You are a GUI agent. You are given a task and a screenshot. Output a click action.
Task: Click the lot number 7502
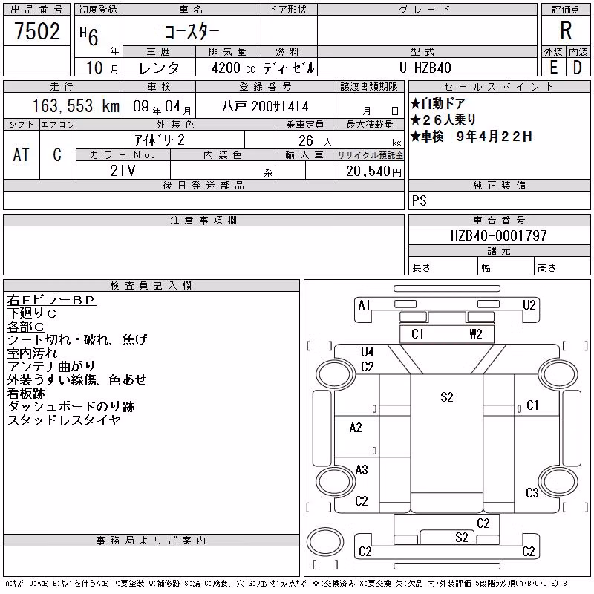click(x=37, y=31)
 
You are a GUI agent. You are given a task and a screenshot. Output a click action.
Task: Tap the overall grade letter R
click(x=566, y=30)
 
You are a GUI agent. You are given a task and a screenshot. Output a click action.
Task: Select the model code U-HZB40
click(x=425, y=68)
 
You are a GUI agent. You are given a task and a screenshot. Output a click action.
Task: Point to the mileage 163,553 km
click(x=76, y=105)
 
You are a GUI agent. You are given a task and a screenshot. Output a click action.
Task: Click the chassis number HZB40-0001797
click(x=498, y=235)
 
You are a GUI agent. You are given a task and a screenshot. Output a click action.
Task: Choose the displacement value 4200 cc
click(x=233, y=68)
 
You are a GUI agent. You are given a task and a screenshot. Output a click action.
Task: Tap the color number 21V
click(x=123, y=171)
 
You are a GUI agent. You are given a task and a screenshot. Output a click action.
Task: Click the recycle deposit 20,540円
click(x=373, y=172)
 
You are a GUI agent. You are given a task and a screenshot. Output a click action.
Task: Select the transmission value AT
click(x=21, y=154)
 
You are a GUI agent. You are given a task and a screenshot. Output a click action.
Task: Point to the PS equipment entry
click(x=420, y=200)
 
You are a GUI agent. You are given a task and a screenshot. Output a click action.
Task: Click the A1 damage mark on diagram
click(x=364, y=305)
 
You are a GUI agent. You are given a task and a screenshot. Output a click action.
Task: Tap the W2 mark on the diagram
click(x=476, y=333)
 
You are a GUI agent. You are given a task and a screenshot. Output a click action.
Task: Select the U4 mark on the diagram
click(x=367, y=352)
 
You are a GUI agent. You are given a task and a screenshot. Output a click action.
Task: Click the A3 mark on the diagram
click(x=362, y=470)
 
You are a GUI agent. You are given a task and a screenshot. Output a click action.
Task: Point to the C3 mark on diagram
click(x=532, y=493)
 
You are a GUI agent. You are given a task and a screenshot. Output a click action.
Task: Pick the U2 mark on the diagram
click(x=529, y=305)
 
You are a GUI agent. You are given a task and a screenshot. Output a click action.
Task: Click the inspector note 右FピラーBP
click(x=50, y=300)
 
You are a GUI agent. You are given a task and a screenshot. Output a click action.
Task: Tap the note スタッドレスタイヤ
click(x=64, y=420)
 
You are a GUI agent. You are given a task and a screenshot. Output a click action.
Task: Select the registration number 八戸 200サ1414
click(x=265, y=106)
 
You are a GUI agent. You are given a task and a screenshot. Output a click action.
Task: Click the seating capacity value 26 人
click(x=315, y=141)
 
